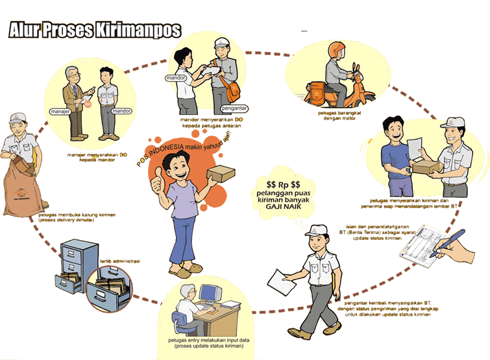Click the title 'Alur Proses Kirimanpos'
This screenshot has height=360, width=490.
point(94,31)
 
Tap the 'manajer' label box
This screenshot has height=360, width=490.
point(60,112)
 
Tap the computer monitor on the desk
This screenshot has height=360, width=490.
point(209,295)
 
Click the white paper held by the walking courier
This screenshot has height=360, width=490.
point(280,280)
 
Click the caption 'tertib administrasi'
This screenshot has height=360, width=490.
point(121,262)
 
